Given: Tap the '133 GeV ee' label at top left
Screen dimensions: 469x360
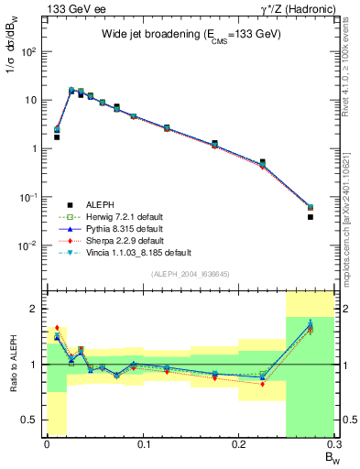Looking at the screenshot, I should point(73,9).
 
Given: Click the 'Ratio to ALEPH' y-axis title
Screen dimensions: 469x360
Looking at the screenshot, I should point(13,364).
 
